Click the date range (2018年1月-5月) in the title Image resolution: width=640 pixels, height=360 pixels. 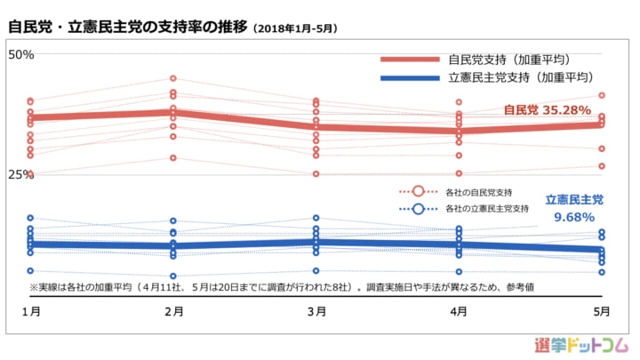295,28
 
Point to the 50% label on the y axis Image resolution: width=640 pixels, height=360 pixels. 20,54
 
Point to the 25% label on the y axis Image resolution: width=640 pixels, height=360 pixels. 20,174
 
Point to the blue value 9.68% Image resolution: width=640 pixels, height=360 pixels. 573,217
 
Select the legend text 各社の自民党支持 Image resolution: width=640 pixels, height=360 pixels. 478,192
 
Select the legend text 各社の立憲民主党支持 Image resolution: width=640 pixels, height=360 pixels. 486,208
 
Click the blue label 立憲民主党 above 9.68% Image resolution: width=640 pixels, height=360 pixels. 573,200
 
